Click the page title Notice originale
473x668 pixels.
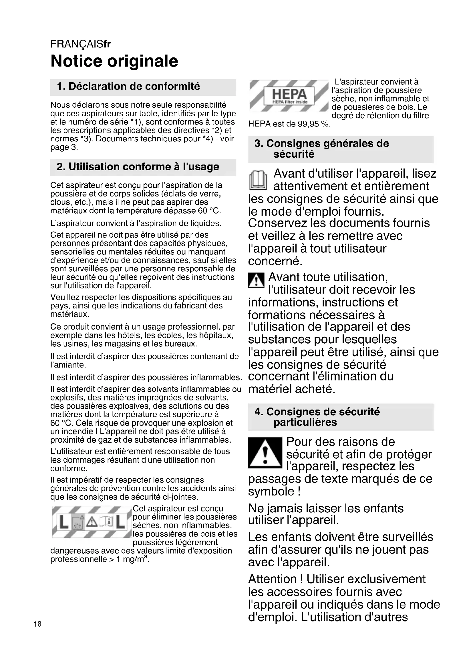(x=114, y=61)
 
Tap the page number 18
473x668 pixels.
(x=37, y=624)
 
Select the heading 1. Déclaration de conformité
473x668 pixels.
(x=128, y=87)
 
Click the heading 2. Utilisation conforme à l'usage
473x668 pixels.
(x=138, y=167)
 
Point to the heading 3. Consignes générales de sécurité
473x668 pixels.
(x=321, y=149)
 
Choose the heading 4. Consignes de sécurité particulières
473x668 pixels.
(x=317, y=417)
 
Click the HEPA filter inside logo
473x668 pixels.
(x=289, y=96)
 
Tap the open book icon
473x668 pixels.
(x=258, y=181)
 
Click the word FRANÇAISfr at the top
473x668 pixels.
(x=81, y=44)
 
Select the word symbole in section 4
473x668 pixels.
(x=271, y=492)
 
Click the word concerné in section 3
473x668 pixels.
(x=275, y=261)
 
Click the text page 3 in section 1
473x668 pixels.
(x=64, y=147)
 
